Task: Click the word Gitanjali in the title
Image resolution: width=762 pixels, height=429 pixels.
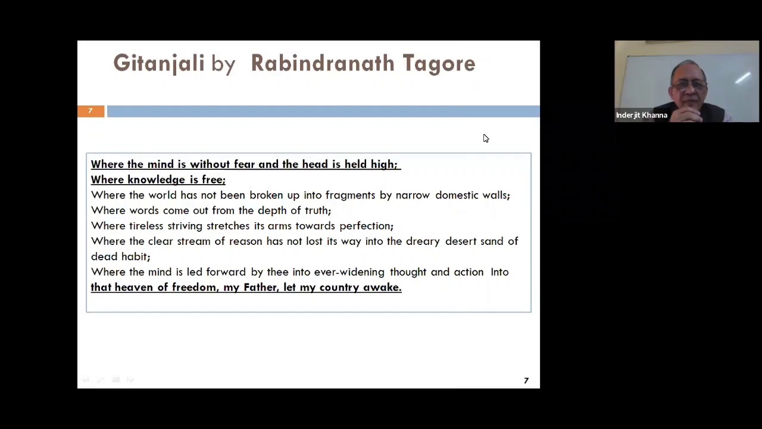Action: (158, 64)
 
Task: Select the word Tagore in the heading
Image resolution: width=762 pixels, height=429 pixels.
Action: (439, 64)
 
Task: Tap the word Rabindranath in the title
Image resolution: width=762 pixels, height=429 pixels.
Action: (322, 64)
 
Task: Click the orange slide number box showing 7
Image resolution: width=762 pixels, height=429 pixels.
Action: (90, 111)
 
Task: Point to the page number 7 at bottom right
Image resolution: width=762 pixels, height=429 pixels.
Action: (526, 381)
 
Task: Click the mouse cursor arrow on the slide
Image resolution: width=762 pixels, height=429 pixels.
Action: (485, 138)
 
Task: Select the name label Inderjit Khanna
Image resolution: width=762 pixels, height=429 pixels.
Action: (641, 115)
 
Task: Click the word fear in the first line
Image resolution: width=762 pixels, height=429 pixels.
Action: (244, 164)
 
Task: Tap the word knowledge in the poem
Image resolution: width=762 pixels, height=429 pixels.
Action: (156, 180)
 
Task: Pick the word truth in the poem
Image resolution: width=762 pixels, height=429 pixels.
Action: (317, 210)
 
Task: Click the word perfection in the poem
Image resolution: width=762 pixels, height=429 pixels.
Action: (366, 226)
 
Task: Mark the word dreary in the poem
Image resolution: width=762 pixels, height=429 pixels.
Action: (423, 241)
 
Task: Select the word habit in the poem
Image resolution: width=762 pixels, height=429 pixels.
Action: (135, 257)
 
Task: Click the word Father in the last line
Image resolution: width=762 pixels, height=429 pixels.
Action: (260, 288)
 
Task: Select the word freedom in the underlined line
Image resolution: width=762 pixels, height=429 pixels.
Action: (195, 288)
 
